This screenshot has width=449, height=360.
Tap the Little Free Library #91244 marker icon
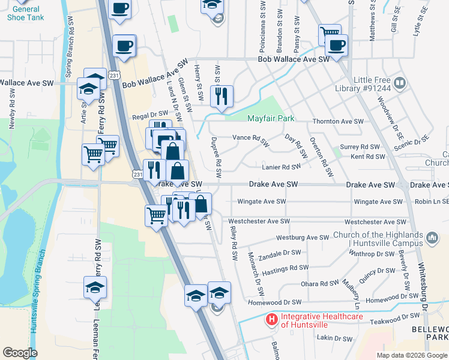pos(399,82)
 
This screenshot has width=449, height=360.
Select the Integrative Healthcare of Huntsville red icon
pos(272,320)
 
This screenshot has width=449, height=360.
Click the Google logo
pos(20,353)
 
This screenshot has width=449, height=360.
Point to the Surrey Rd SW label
pos(360,146)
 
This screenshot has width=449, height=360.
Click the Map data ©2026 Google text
pos(411,355)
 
